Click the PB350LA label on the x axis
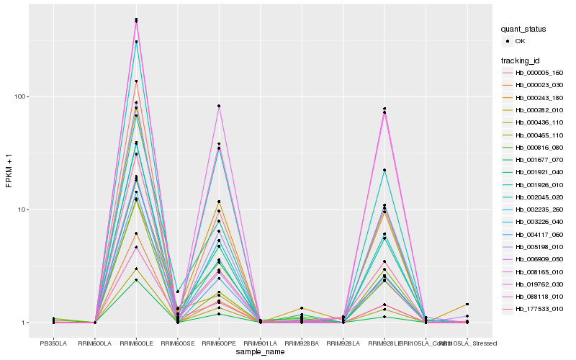(x=53, y=343)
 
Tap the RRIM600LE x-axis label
(x=136, y=343)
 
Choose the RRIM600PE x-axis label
(x=219, y=343)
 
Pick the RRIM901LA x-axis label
(x=260, y=343)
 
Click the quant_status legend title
(x=525, y=30)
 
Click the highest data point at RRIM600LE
(x=136, y=19)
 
